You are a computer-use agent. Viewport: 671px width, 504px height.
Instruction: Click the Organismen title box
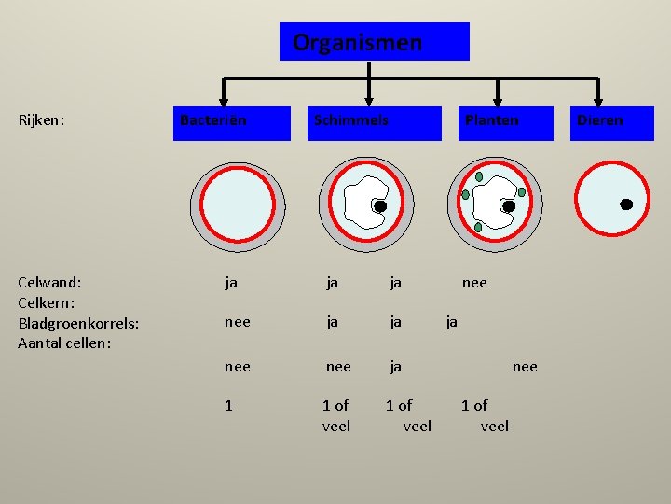pos(374,42)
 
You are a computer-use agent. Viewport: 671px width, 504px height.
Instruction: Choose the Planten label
pos(491,120)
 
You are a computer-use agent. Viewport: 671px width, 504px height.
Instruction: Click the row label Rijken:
pos(42,120)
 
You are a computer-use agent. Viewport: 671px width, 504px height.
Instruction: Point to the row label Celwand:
pos(49,281)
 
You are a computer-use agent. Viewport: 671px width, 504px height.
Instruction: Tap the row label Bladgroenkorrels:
pos(78,323)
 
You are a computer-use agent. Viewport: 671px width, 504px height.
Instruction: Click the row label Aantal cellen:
pos(64,343)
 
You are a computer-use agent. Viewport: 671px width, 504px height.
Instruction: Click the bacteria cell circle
pos(239,203)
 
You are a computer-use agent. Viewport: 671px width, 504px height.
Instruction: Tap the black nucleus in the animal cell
pos(626,203)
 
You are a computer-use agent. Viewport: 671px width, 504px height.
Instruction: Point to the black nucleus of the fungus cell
pos(380,205)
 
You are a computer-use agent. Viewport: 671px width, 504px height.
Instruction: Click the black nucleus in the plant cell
pos(509,205)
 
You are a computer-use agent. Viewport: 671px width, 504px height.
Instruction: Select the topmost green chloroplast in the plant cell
pos(479,176)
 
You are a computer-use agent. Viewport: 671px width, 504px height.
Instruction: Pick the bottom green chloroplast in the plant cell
pos(478,227)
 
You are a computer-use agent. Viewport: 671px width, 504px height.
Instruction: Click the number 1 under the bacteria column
pos(229,405)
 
